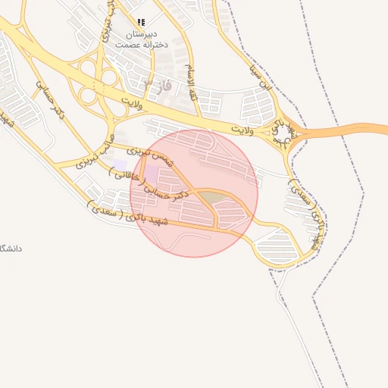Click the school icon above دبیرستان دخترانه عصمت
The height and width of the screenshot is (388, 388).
141,23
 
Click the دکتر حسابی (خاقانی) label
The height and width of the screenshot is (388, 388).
146,184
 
